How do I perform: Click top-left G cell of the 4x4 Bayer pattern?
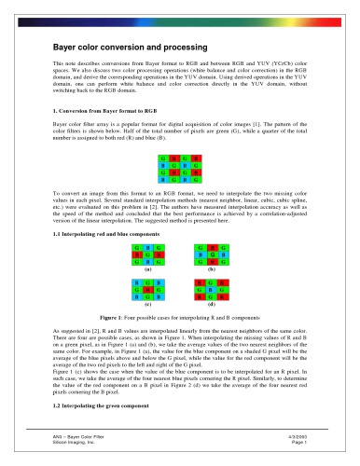tap(162, 160)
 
